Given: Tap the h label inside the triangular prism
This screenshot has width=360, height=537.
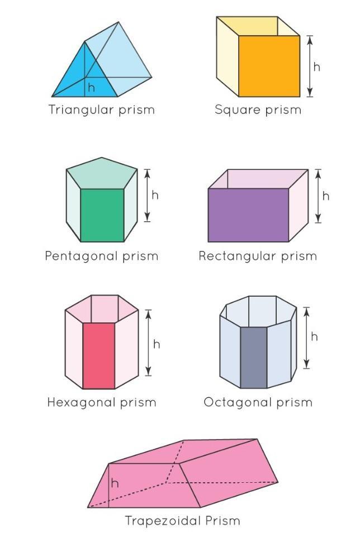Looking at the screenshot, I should (x=92, y=88).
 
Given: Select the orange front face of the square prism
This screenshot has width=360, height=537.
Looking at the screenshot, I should (x=269, y=66).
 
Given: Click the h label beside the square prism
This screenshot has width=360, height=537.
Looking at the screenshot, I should (x=317, y=66).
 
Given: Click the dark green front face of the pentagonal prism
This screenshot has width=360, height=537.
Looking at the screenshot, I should (x=102, y=215).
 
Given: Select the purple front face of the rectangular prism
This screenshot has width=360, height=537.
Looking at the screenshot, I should (x=248, y=215).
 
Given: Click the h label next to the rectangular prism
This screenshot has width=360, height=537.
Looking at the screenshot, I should (x=326, y=196).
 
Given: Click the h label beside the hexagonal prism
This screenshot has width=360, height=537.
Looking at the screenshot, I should (x=157, y=344).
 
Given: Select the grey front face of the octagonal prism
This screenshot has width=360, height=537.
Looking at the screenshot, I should (x=253, y=358).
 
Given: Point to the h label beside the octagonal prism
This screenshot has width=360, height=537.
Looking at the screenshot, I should (x=314, y=336).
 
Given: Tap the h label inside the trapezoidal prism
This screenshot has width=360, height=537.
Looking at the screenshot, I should (x=115, y=483).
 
